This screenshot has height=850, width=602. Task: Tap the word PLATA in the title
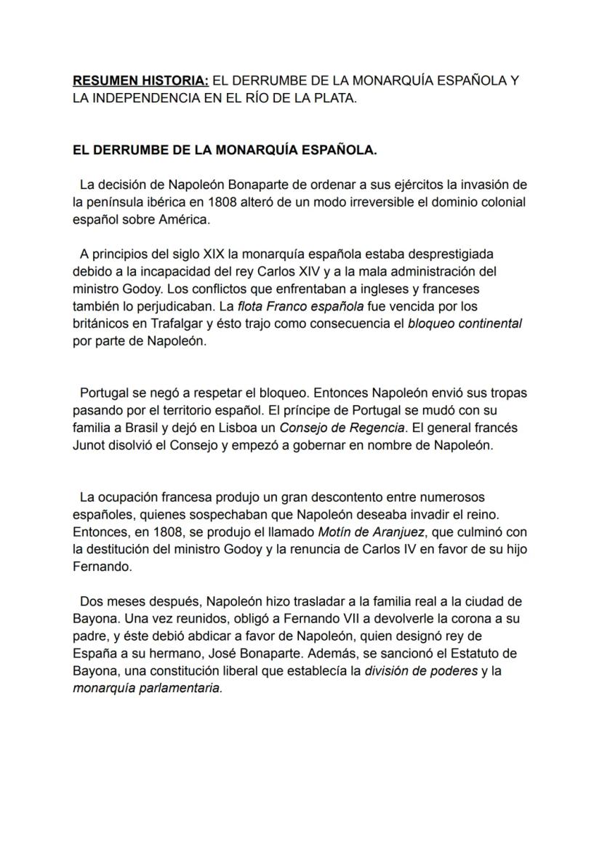point(337,97)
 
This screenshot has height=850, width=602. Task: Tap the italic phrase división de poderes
point(421,671)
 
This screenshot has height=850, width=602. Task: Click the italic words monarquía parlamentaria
point(147,689)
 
